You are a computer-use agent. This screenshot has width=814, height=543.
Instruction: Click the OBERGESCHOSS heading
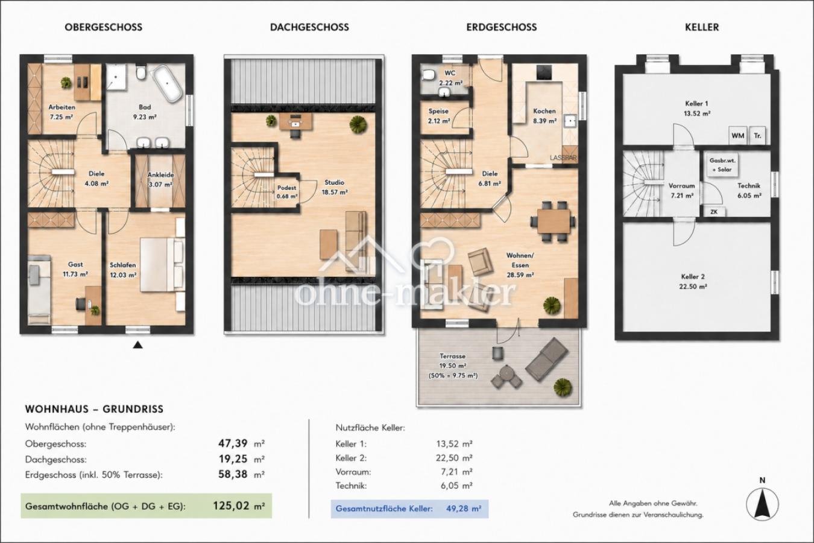coord(104,27)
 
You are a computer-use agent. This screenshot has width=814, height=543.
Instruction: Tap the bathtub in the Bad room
coord(167,83)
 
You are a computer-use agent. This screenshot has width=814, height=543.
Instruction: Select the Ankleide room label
coord(160,175)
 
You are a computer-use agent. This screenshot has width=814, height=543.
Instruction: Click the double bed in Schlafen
coord(162,264)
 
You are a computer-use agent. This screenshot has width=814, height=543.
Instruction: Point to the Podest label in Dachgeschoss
coord(287,188)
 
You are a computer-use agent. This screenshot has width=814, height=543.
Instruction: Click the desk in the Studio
coord(296,121)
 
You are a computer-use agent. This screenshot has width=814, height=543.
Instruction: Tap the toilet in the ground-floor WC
coord(429,75)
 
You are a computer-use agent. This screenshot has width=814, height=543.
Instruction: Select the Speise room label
coord(438,111)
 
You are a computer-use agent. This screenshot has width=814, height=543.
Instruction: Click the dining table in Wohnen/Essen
coord(554,221)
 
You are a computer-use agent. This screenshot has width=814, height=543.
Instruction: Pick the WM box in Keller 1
coord(737,136)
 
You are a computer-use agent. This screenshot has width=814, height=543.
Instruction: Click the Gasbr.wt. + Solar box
coord(722,165)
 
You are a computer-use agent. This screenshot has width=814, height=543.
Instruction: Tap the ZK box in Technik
coord(714,212)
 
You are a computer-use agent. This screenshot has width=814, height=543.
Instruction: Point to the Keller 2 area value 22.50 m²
coord(693,287)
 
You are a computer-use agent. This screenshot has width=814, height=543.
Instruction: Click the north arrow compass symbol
coord(762,504)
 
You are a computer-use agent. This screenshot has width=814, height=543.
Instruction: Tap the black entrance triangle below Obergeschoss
coord(137,345)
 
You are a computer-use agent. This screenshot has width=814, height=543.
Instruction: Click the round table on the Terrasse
coord(506,373)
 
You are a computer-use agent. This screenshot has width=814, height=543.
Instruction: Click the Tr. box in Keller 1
coord(757,136)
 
